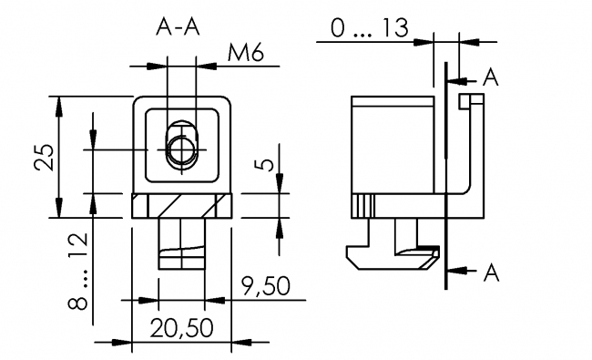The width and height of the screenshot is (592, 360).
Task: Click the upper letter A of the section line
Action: (x=490, y=78)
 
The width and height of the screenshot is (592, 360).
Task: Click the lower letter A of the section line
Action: (x=490, y=271)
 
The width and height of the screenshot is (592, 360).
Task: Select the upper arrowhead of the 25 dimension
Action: (x=60, y=103)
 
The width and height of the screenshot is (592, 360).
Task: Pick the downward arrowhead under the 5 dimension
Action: (x=278, y=186)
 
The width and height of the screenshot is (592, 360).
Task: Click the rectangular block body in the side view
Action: (x=392, y=146)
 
